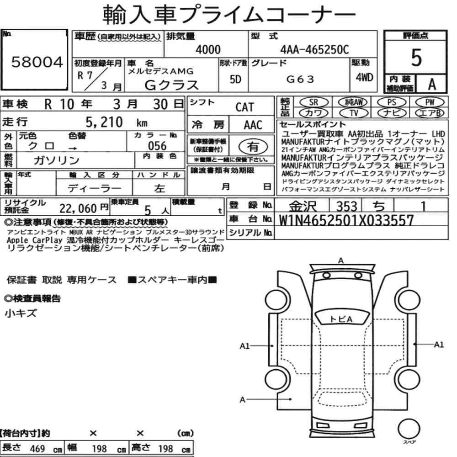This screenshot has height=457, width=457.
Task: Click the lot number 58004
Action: pyautogui.click(x=37, y=62)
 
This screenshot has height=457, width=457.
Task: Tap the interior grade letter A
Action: pyautogui.click(x=432, y=84)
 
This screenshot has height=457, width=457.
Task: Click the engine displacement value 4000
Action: pyautogui.click(x=208, y=49)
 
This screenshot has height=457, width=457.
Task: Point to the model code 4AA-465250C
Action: pyautogui.click(x=314, y=49)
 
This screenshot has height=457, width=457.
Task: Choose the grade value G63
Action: pyautogui.click(x=300, y=79)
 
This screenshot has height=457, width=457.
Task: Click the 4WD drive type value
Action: pyautogui.click(x=364, y=77)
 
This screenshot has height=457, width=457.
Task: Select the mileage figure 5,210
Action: pyautogui.click(x=104, y=122)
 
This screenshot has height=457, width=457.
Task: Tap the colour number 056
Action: pyautogui.click(x=157, y=146)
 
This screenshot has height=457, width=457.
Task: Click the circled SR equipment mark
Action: pyautogui.click(x=314, y=102)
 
